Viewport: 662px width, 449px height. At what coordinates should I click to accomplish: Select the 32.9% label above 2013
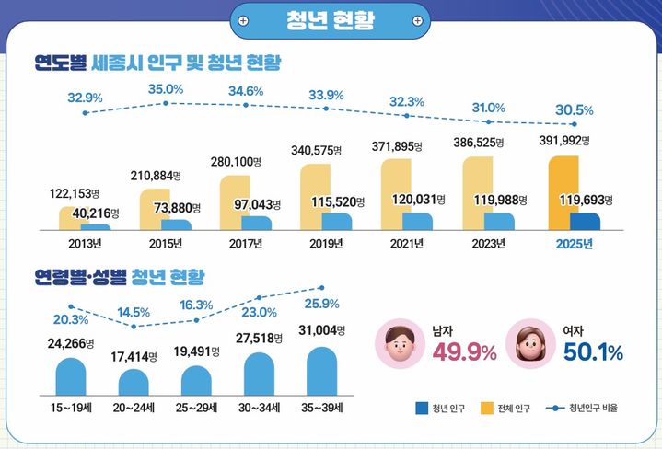pos(86,97)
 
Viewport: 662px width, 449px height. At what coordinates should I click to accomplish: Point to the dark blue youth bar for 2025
pos(584,221)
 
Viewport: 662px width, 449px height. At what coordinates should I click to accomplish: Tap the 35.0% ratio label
pos(166,89)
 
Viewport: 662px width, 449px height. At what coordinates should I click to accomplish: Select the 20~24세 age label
pos(133,405)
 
